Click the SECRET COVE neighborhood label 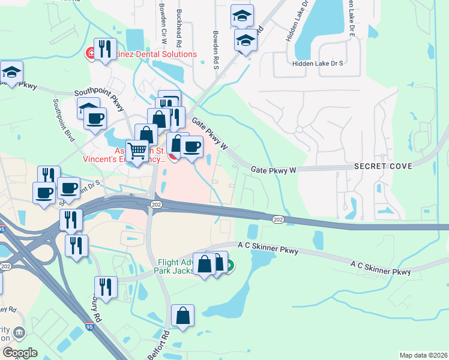pyautogui.click(x=383, y=165)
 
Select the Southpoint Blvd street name pyautogui.click(x=64, y=120)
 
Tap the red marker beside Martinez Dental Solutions pyautogui.click(x=91, y=54)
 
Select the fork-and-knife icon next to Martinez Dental pyautogui.click(x=105, y=49)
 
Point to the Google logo pyautogui.click(x=20, y=352)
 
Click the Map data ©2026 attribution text pyautogui.click(x=423, y=355)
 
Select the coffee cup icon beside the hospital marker pyautogui.click(x=191, y=146)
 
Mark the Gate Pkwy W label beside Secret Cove pyautogui.click(x=274, y=170)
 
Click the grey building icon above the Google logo pyautogui.click(x=19, y=332)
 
